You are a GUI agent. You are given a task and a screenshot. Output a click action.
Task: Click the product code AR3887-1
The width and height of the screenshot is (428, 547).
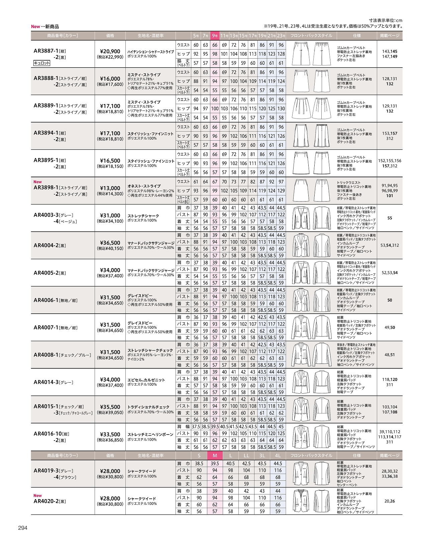click(x=46, y=51)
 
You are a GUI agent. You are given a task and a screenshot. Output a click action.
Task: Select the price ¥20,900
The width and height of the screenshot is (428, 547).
click(x=110, y=51)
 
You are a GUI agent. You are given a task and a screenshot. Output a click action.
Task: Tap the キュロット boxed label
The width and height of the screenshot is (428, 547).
click(x=42, y=63)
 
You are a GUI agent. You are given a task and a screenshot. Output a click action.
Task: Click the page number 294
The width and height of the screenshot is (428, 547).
click(x=22, y=528)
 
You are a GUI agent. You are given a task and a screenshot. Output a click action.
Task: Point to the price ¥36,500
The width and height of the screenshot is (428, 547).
click(x=110, y=243)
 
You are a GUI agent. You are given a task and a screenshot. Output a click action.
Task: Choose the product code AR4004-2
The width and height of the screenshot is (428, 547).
click(x=46, y=245)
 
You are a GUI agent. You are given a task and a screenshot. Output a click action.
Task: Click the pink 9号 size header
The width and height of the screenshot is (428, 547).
click(x=215, y=35)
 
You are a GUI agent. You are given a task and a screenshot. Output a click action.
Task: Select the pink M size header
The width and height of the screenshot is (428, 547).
click(x=215, y=456)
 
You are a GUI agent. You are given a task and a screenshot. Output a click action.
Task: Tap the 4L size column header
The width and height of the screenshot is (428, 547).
click(x=278, y=456)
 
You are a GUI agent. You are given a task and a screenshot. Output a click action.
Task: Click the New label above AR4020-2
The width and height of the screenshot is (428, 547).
click(x=37, y=495)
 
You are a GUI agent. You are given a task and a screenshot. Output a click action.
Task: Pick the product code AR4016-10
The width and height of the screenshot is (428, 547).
click(x=47, y=434)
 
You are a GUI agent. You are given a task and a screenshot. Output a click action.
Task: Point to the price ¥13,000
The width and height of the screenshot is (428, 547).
click(x=110, y=188)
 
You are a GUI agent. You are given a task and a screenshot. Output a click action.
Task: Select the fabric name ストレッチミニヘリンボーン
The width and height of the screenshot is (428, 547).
click(x=150, y=435)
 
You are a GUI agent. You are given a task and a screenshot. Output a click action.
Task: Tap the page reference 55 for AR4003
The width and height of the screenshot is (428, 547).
click(x=390, y=218)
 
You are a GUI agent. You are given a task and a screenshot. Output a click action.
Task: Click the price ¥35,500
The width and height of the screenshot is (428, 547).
click(x=110, y=407)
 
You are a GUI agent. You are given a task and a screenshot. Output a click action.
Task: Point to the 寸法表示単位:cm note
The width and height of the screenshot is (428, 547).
click(x=386, y=20)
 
